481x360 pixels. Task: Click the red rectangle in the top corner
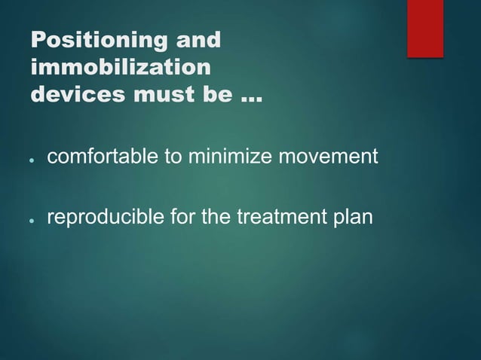(x=425, y=28)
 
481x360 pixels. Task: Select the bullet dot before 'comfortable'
(x=32, y=160)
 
